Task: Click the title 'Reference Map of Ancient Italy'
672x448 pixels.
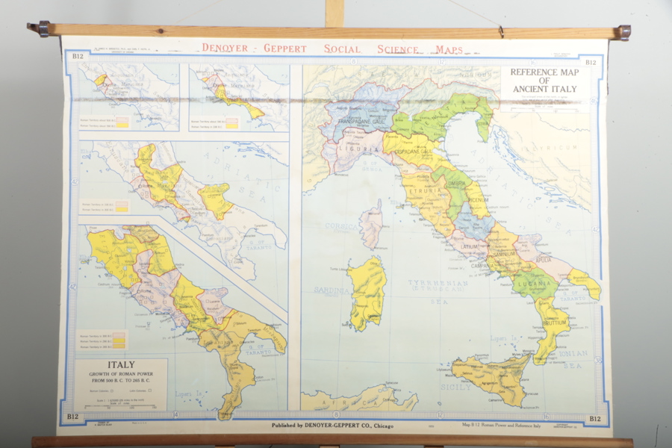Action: [544, 81]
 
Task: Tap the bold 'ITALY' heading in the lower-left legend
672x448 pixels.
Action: [121, 365]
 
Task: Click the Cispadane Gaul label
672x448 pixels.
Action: [408, 152]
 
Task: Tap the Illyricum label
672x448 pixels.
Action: [557, 148]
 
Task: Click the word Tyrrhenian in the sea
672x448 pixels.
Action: [438, 284]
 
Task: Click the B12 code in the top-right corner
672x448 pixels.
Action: [591, 63]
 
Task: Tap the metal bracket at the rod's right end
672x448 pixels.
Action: [623, 32]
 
